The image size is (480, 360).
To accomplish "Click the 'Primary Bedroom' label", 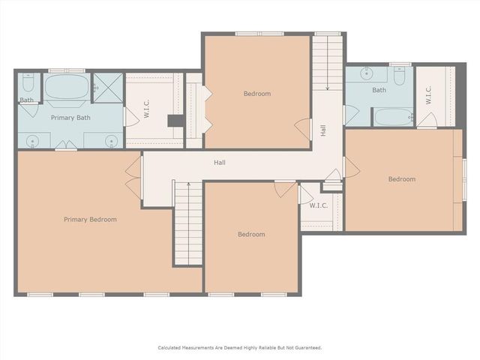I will point(90,219).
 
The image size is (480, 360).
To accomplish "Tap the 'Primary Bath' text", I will point(70,118).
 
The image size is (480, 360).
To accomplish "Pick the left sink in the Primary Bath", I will point(31,139).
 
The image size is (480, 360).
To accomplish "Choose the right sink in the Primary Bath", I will point(111,139).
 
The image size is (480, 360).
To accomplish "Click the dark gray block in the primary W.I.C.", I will point(175,120).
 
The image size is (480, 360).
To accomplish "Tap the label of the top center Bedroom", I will point(256,94).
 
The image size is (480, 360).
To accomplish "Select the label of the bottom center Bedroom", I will point(251,234).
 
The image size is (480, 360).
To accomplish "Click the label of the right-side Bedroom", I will point(401,178).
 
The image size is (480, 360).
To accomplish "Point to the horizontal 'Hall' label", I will point(219,162).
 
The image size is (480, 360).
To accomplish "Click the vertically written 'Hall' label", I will point(322,130).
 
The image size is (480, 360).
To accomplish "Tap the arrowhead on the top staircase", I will point(327,88).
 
